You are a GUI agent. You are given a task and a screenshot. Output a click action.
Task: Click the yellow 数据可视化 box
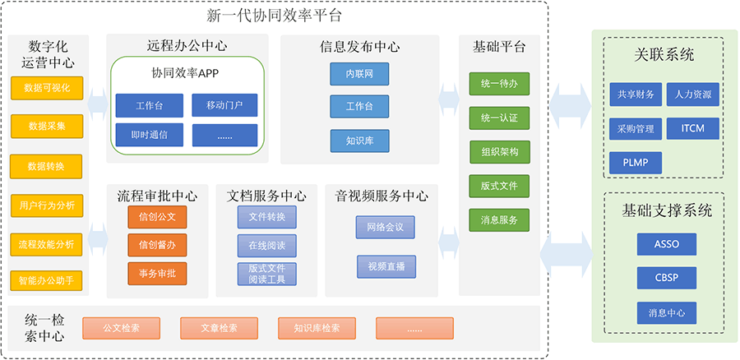[47, 88]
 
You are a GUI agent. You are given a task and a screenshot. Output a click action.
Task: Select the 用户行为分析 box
[47, 205]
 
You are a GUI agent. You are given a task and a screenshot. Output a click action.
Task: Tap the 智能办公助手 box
[47, 281]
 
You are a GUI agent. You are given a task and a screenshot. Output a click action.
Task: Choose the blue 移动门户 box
[224, 105]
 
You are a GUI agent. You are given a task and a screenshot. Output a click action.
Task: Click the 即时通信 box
[149, 136]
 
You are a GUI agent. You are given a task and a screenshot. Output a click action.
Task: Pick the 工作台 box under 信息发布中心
[359, 107]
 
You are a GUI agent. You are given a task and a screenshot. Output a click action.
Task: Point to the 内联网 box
[359, 74]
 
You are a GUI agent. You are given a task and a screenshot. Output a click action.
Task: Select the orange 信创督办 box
[157, 246]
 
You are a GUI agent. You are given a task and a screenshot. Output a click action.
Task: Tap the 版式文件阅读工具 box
[267, 275]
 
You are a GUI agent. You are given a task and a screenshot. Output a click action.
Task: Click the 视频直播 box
[386, 267]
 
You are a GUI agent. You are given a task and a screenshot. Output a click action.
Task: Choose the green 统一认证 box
[499, 118]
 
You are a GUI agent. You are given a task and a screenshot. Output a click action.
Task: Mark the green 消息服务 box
[499, 220]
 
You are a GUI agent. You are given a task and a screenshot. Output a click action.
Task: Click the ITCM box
[693, 128]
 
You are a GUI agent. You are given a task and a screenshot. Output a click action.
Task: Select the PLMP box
[636, 163]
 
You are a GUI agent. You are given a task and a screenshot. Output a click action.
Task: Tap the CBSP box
[666, 278]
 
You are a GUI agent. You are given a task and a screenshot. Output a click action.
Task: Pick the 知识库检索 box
[317, 328]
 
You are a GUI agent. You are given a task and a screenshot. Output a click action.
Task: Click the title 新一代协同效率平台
[274, 16]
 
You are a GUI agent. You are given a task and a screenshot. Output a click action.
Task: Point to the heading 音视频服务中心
[382, 196]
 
